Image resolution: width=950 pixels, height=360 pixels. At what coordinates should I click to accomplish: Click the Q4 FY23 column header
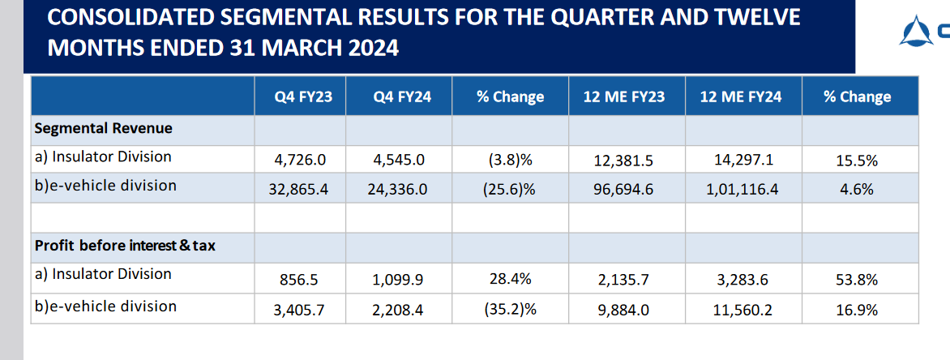pyautogui.click(x=300, y=96)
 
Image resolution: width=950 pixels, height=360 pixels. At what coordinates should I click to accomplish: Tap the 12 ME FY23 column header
pyautogui.click(x=624, y=96)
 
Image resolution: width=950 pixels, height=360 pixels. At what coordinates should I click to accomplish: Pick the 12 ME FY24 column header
pyautogui.click(x=741, y=96)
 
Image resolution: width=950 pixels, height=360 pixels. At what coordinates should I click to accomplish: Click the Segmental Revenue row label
pyautogui.click(x=103, y=129)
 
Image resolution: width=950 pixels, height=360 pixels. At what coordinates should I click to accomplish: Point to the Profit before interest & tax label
pyautogui.click(x=125, y=246)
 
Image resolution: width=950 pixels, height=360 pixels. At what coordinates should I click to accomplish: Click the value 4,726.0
pyautogui.click(x=300, y=161)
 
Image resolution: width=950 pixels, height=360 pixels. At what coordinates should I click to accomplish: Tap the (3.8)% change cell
pyautogui.click(x=510, y=161)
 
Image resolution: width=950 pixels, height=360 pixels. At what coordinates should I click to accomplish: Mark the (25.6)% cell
pyautogui.click(x=510, y=189)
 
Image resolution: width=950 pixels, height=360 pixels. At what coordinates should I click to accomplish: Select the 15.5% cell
pyautogui.click(x=857, y=161)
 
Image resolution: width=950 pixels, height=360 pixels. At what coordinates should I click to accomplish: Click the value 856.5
pyautogui.click(x=300, y=279)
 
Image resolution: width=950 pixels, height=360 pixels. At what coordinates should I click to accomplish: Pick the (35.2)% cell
pyautogui.click(x=510, y=309)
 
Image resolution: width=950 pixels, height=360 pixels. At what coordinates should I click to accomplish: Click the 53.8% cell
pyautogui.click(x=857, y=279)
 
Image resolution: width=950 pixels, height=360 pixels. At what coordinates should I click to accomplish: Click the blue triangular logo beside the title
pyautogui.click(x=916, y=32)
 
